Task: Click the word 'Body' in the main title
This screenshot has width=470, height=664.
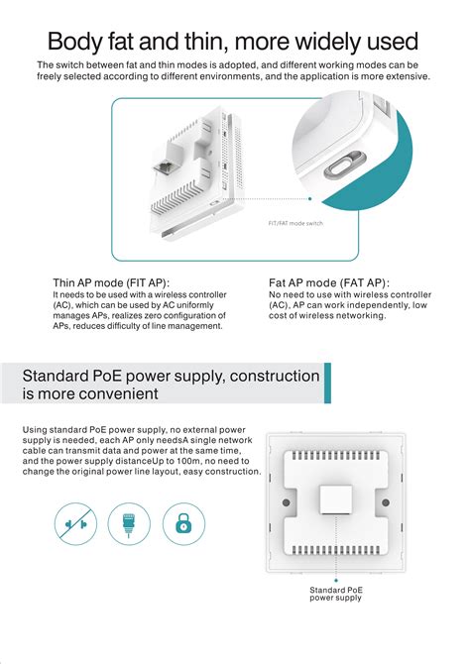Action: coord(74,42)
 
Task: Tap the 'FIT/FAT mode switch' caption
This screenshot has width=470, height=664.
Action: coord(295,223)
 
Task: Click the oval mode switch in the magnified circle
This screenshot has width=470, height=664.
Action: coord(344,166)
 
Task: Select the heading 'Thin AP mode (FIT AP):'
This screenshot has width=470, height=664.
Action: coord(111,282)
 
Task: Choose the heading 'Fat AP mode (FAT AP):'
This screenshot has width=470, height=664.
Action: coord(329,282)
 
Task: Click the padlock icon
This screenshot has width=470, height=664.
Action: coord(183,523)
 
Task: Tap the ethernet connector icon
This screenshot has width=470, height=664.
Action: coord(129,524)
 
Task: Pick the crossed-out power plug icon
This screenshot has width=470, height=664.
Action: coord(76,524)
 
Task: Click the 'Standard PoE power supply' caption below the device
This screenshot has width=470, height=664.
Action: coord(336,594)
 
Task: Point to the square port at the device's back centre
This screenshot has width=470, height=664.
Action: coord(336,499)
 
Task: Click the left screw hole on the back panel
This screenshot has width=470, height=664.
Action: coord(287,502)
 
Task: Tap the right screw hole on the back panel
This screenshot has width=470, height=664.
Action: coord(386,502)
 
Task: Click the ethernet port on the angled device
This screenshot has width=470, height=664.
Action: coord(165,167)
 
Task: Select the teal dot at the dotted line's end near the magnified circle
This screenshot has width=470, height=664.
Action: coord(309,198)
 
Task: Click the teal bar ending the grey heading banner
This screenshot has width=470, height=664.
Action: coord(327,383)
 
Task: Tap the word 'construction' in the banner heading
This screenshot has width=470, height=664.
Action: coord(275,376)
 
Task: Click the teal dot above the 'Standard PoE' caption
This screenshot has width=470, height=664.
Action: coord(336,580)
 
